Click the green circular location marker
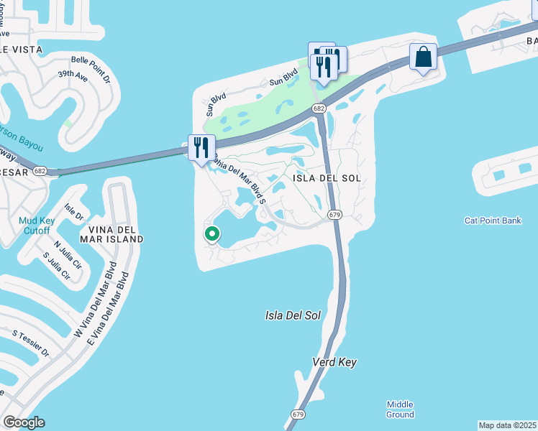pyautogui.click(x=212, y=234)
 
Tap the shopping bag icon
pyautogui.click(x=424, y=57)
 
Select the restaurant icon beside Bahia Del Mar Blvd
pyautogui.click(x=201, y=147)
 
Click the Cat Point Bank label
pyautogui.click(x=493, y=221)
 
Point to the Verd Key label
pyautogui.click(x=334, y=362)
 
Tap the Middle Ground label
pyautogui.click(x=401, y=409)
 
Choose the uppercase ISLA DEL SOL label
pyautogui.click(x=326, y=177)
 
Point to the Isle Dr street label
pyautogui.click(x=74, y=212)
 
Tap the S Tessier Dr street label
pyautogui.click(x=31, y=343)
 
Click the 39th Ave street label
pyautogui.click(x=73, y=75)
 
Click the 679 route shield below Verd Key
pyautogui.click(x=298, y=414)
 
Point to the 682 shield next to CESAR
pyautogui.click(x=40, y=171)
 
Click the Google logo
pyautogui.click(x=24, y=422)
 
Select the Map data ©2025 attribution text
pyautogui.click(x=507, y=425)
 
